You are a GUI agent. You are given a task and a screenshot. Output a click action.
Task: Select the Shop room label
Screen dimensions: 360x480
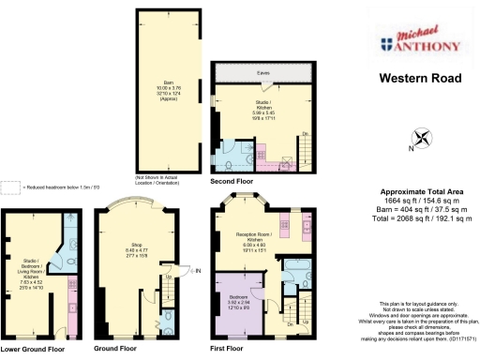coord(137,247)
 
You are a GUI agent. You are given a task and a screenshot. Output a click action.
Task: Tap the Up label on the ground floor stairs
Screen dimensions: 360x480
coord(168,277)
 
